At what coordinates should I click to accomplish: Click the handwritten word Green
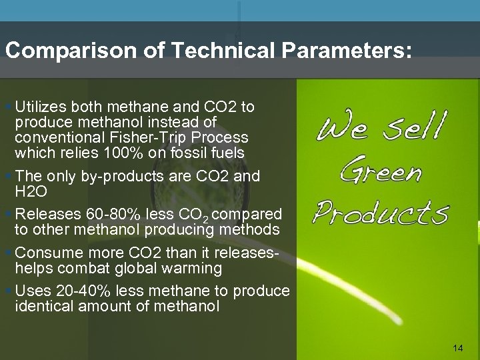tap(380, 171)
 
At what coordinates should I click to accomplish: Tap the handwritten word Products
tap(381, 212)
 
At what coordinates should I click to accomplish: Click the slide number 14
tap(457, 348)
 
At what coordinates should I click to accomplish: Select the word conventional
tap(55, 137)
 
